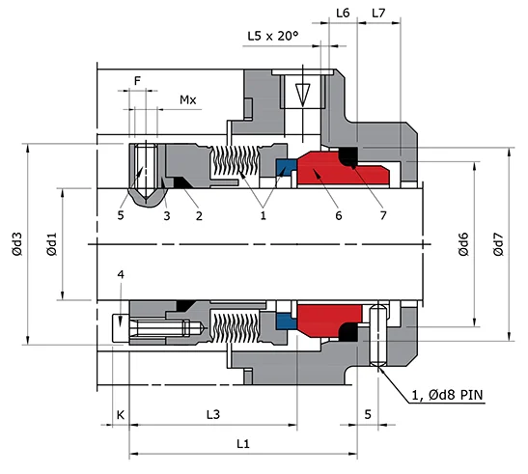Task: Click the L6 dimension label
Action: (x=343, y=13)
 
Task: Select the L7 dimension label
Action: (x=379, y=13)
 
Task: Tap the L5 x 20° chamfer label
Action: (x=273, y=36)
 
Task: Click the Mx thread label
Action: (x=188, y=99)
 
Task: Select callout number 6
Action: (x=338, y=215)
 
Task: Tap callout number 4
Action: (x=120, y=275)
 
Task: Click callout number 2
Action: (x=199, y=215)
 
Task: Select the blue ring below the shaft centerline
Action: (x=287, y=320)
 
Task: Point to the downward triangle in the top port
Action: (x=302, y=94)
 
